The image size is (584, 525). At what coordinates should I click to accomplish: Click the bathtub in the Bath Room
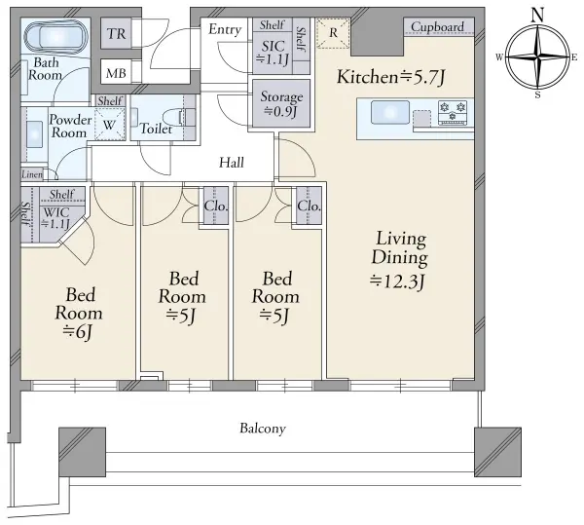pyautogui.click(x=56, y=36)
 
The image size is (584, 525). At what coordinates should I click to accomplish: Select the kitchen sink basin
pyautogui.click(x=389, y=112)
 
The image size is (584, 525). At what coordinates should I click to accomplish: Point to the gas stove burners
pyautogui.click(x=453, y=112)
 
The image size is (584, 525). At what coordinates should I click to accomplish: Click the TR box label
pyautogui.click(x=117, y=34)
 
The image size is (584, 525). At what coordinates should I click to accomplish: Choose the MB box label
pyautogui.click(x=116, y=73)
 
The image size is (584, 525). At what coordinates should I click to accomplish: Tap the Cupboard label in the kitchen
pyautogui.click(x=437, y=27)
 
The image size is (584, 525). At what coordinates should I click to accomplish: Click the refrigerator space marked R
pyautogui.click(x=333, y=33)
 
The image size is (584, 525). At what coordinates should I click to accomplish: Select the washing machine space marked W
pyautogui.click(x=109, y=124)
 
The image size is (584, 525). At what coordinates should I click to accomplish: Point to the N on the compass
pyautogui.click(x=537, y=16)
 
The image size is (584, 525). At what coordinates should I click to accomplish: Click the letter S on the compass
pyautogui.click(x=537, y=95)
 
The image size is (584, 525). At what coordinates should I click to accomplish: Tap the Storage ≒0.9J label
pyautogui.click(x=281, y=103)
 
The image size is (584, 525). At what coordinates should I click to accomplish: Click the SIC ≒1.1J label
pyautogui.click(x=273, y=53)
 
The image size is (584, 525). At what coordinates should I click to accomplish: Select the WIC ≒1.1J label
pyautogui.click(x=55, y=218)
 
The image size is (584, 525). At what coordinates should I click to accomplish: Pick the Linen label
pyautogui.click(x=32, y=174)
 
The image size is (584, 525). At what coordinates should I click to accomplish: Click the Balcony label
pyautogui.click(x=263, y=429)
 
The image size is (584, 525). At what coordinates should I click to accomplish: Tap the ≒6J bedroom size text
pyautogui.click(x=78, y=332)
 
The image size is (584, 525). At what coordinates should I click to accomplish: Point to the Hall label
pyautogui.click(x=232, y=163)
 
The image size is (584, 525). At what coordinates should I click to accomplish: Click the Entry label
pyautogui.click(x=225, y=30)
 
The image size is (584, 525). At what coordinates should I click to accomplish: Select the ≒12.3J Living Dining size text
pyautogui.click(x=397, y=281)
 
